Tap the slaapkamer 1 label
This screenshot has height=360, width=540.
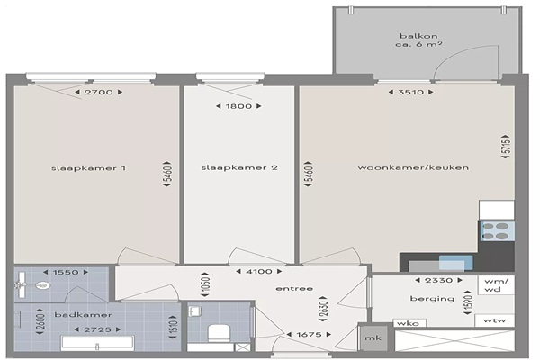point(88,168)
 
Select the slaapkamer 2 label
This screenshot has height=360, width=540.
point(239,167)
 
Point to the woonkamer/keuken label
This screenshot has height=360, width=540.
point(413,167)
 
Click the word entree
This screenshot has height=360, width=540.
point(294,288)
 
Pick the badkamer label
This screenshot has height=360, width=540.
point(83,314)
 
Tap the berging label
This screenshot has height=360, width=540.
point(432,299)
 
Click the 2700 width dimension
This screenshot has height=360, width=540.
point(98,92)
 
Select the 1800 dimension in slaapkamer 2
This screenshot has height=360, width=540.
point(238,106)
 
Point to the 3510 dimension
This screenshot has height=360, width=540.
point(411,92)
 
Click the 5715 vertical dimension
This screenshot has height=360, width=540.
point(506,147)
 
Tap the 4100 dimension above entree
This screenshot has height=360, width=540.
point(259,272)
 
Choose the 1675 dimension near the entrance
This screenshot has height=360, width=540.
point(309,334)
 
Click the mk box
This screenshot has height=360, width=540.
point(373,338)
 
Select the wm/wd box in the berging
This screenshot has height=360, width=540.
point(496,285)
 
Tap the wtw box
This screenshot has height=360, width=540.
point(494,320)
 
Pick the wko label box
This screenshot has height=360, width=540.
point(409,323)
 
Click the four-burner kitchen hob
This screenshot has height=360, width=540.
point(498,231)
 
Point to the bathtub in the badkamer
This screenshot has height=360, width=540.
point(97,343)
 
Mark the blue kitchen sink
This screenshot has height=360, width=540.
point(456,263)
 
